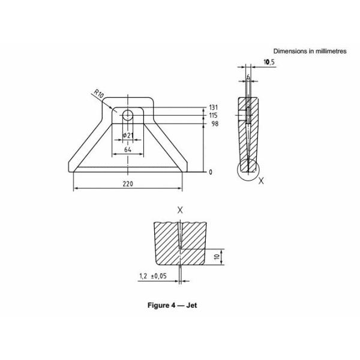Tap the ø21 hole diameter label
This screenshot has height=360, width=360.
(127, 135)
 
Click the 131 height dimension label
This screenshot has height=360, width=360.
(213, 107)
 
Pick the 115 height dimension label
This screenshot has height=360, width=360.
(213, 115)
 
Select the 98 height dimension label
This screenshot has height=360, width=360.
(214, 124)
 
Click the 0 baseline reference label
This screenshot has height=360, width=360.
(211, 172)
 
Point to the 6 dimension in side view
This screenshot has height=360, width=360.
(248, 78)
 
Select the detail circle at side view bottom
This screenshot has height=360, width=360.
(248, 169)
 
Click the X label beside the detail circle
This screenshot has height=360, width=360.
(260, 179)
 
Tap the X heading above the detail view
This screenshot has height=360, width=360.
(180, 210)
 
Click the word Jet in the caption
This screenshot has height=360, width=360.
(191, 305)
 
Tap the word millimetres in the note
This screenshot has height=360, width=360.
(329, 52)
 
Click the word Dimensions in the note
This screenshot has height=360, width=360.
(289, 52)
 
